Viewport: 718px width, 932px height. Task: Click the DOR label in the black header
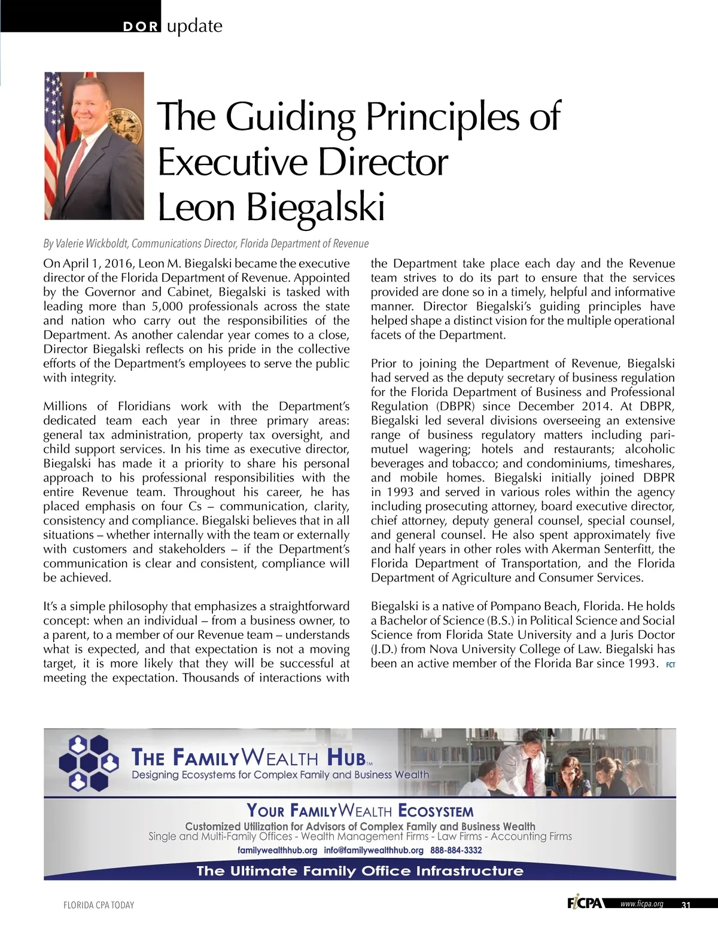pyautogui.click(x=139, y=27)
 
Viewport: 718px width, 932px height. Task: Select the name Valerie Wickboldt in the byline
pyautogui.click(x=92, y=243)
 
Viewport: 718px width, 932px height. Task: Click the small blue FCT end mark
pyautogui.click(x=670, y=665)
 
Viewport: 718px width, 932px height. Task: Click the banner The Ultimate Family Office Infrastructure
pyautogui.click(x=360, y=870)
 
